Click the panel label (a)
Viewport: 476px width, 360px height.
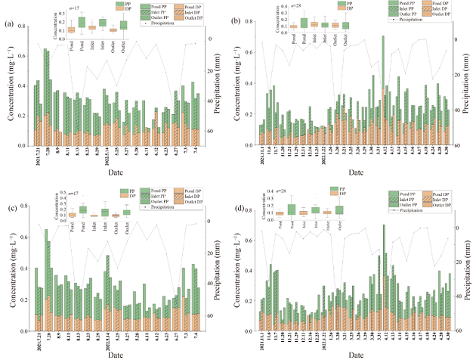click(9, 25)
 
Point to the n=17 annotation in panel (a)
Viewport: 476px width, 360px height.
click(76, 9)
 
